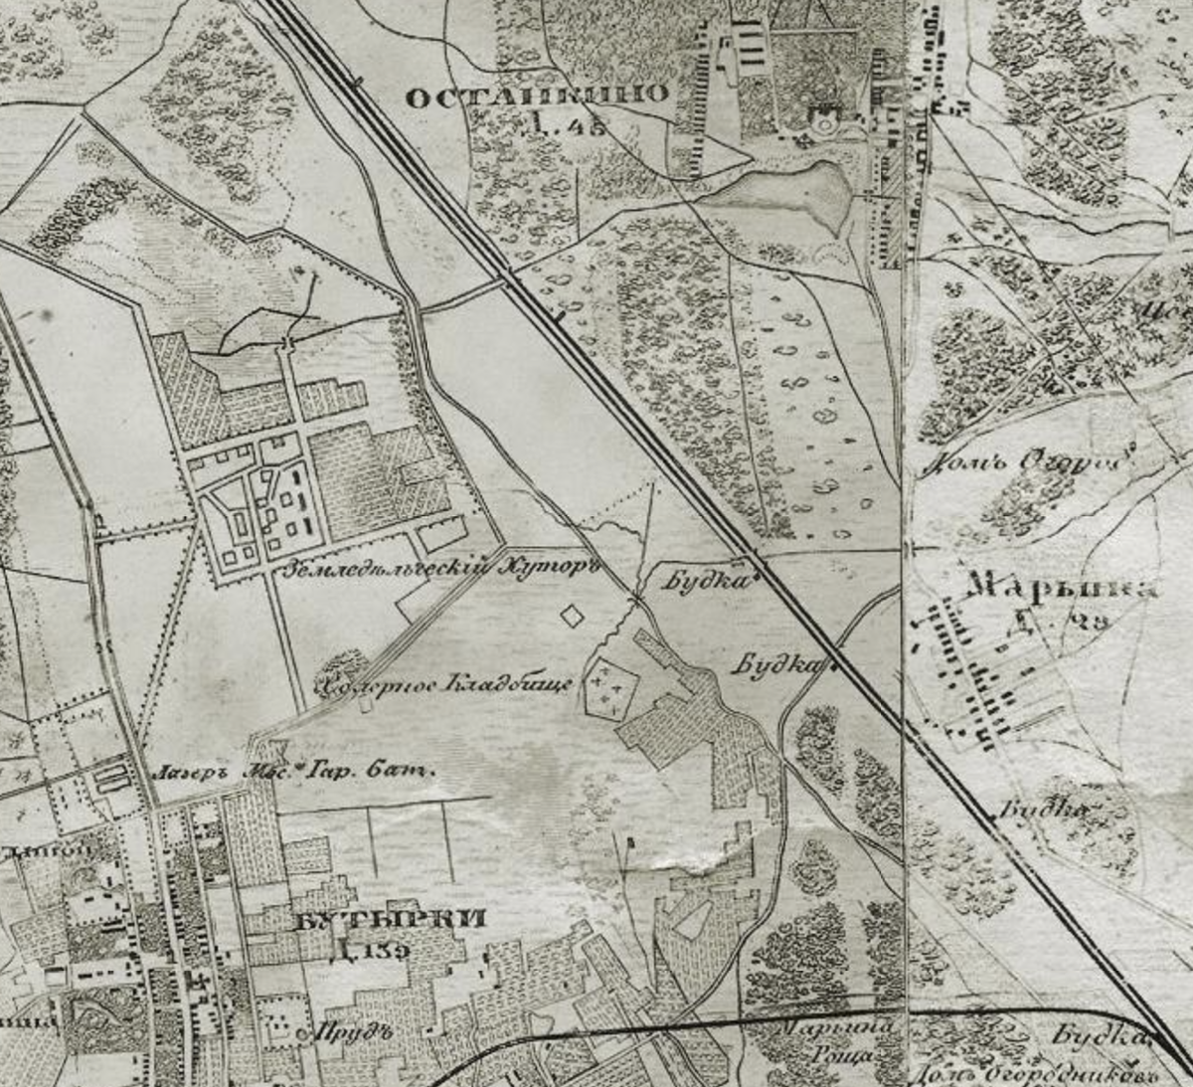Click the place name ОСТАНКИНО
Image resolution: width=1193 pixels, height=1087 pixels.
coord(538,96)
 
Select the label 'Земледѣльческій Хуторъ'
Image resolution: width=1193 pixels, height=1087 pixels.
coord(443,570)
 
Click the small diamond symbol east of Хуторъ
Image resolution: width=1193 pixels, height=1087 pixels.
coord(573,616)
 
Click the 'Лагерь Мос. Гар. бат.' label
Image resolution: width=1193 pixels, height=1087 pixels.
coord(296,771)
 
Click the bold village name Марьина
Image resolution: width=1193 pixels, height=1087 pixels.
coord(1063,587)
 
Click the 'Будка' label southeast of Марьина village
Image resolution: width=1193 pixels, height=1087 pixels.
coord(1041,809)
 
